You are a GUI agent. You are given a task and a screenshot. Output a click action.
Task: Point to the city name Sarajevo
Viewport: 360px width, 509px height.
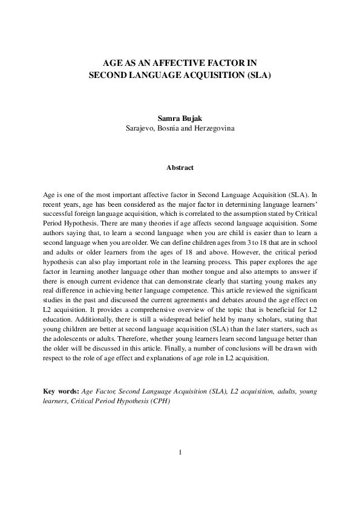pos(142,129)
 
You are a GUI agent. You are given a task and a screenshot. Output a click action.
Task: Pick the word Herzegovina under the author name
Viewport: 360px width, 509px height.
pos(213,129)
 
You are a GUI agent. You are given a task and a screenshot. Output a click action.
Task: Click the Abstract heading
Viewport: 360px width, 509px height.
pos(180,167)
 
